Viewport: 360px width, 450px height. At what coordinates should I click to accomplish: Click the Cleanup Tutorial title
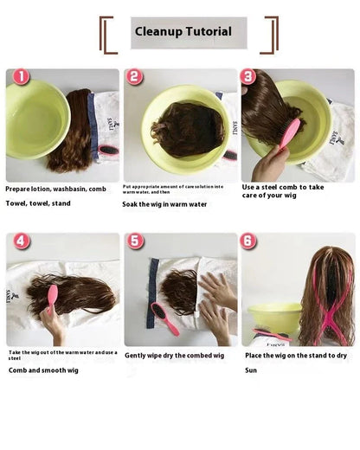[x=183, y=32]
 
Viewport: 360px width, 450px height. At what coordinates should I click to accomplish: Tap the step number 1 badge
[x=19, y=77]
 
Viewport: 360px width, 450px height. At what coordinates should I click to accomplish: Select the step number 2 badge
[x=134, y=77]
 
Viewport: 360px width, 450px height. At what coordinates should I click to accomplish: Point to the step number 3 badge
[x=248, y=76]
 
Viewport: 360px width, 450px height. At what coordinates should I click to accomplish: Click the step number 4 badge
[x=22, y=241]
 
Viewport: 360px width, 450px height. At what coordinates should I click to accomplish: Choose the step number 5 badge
[x=135, y=241]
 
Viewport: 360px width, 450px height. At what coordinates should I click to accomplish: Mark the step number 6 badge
[x=248, y=241]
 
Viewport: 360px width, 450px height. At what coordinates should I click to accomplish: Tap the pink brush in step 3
[x=288, y=135]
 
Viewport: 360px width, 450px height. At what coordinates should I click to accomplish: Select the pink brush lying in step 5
[x=165, y=318]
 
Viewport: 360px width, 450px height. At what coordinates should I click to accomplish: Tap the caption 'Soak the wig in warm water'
[x=164, y=204]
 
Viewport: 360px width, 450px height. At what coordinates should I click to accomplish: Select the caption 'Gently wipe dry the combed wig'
[x=175, y=355]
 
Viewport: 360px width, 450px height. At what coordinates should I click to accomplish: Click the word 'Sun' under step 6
[x=251, y=370]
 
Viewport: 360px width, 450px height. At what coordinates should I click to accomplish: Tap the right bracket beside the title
[x=271, y=35]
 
